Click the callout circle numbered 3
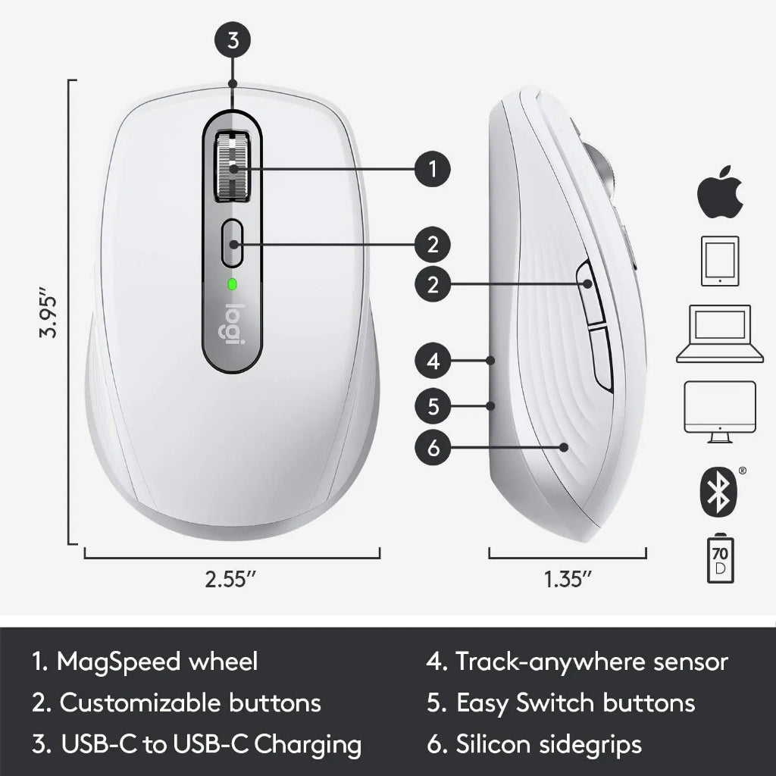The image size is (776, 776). (233, 42)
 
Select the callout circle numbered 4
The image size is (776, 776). (433, 361)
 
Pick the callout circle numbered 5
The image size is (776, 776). (433, 406)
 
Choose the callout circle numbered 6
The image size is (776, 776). (433, 448)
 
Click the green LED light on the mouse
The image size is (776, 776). (232, 285)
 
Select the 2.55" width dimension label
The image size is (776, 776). (231, 580)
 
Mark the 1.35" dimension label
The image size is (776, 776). (568, 580)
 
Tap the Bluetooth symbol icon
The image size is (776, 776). (718, 489)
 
